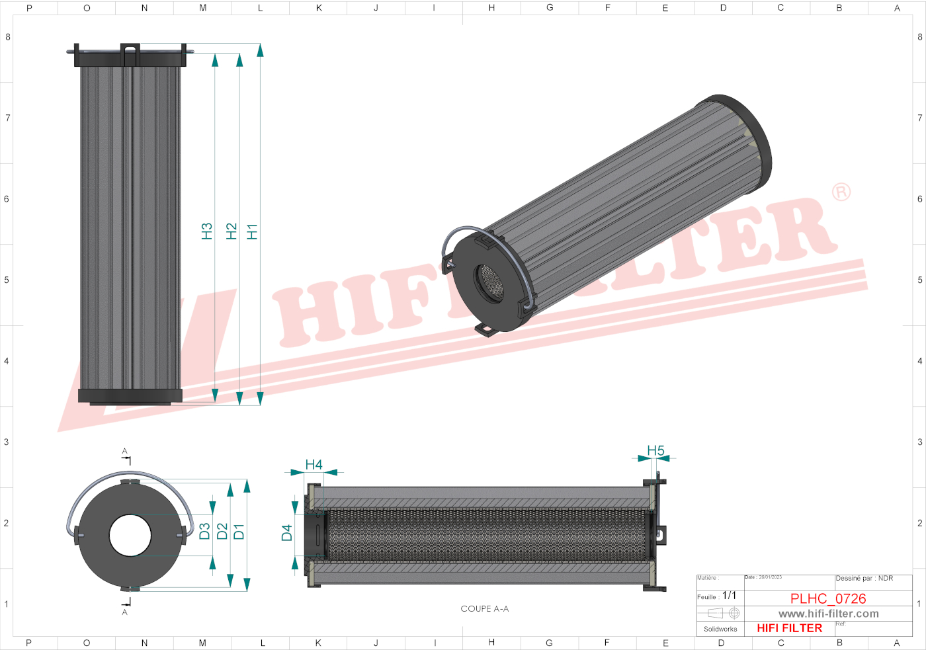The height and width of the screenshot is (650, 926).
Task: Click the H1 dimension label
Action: point(252,231)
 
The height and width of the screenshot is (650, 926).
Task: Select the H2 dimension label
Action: point(231,231)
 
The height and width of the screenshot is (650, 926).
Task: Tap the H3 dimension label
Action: point(206,231)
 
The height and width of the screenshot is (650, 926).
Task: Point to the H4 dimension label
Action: point(314,465)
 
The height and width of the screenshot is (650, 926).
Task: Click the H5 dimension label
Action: point(655,450)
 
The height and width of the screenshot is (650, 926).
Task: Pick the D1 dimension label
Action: point(239,531)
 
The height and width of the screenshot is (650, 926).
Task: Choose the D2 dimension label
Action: point(222,531)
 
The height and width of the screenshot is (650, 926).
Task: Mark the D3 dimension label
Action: point(204,531)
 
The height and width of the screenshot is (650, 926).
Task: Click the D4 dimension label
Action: point(286,533)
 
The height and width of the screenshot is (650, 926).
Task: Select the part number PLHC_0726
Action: point(827,598)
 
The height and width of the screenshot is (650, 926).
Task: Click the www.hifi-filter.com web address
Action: point(828,614)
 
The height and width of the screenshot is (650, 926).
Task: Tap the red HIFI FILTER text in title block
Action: point(789,628)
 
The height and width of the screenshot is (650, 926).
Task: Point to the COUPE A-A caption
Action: point(484,609)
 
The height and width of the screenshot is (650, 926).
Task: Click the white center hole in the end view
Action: point(130,536)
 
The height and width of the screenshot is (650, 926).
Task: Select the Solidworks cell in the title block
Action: point(720,629)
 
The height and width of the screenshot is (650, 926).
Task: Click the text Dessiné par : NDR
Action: point(864,579)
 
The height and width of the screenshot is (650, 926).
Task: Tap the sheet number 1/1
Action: point(729,596)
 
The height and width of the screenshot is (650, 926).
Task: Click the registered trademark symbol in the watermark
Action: point(841,192)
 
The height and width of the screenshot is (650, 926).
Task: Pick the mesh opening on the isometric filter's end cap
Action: point(490,283)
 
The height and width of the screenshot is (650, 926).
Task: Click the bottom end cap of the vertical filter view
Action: point(130,396)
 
